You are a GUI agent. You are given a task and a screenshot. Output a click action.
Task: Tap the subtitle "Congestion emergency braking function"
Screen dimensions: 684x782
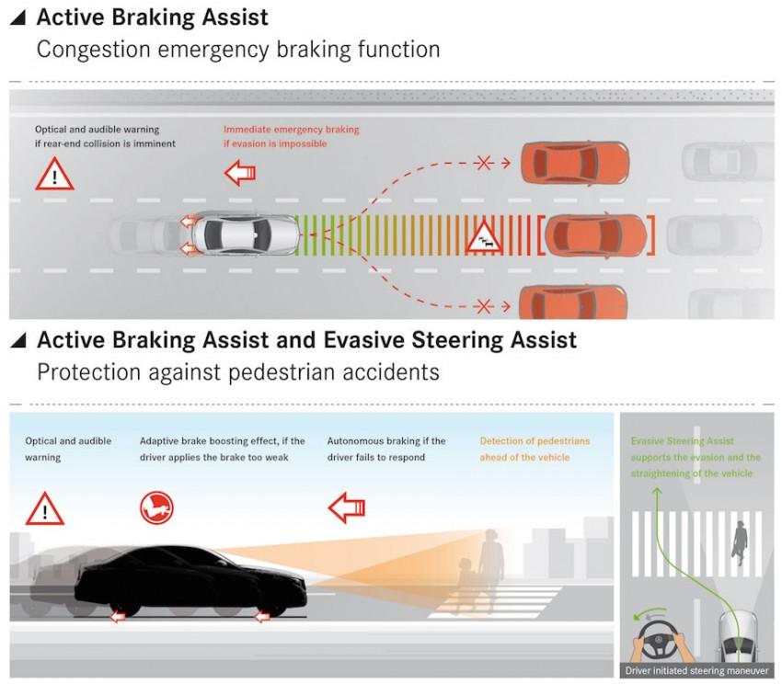pyautogui.click(x=238, y=49)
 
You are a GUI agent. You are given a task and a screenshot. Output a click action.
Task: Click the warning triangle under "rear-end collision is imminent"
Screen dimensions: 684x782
pyautogui.click(x=54, y=175)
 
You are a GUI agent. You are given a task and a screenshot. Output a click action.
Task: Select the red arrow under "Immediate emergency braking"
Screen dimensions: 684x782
pyautogui.click(x=240, y=171)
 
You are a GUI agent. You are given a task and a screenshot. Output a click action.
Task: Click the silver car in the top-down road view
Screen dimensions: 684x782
pyautogui.click(x=246, y=235)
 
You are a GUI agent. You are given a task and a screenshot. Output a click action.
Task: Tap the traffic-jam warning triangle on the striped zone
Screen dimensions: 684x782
pyautogui.click(x=486, y=237)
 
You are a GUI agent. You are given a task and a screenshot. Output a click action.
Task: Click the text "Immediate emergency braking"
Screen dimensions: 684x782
pyautogui.click(x=291, y=130)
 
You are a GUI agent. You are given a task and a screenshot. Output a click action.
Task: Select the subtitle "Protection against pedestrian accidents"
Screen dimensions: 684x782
pyautogui.click(x=238, y=372)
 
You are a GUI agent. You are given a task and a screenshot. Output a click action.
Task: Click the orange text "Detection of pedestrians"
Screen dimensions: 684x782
pyautogui.click(x=535, y=441)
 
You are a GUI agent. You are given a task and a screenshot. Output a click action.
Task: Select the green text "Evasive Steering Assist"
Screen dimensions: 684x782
pyautogui.click(x=683, y=441)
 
